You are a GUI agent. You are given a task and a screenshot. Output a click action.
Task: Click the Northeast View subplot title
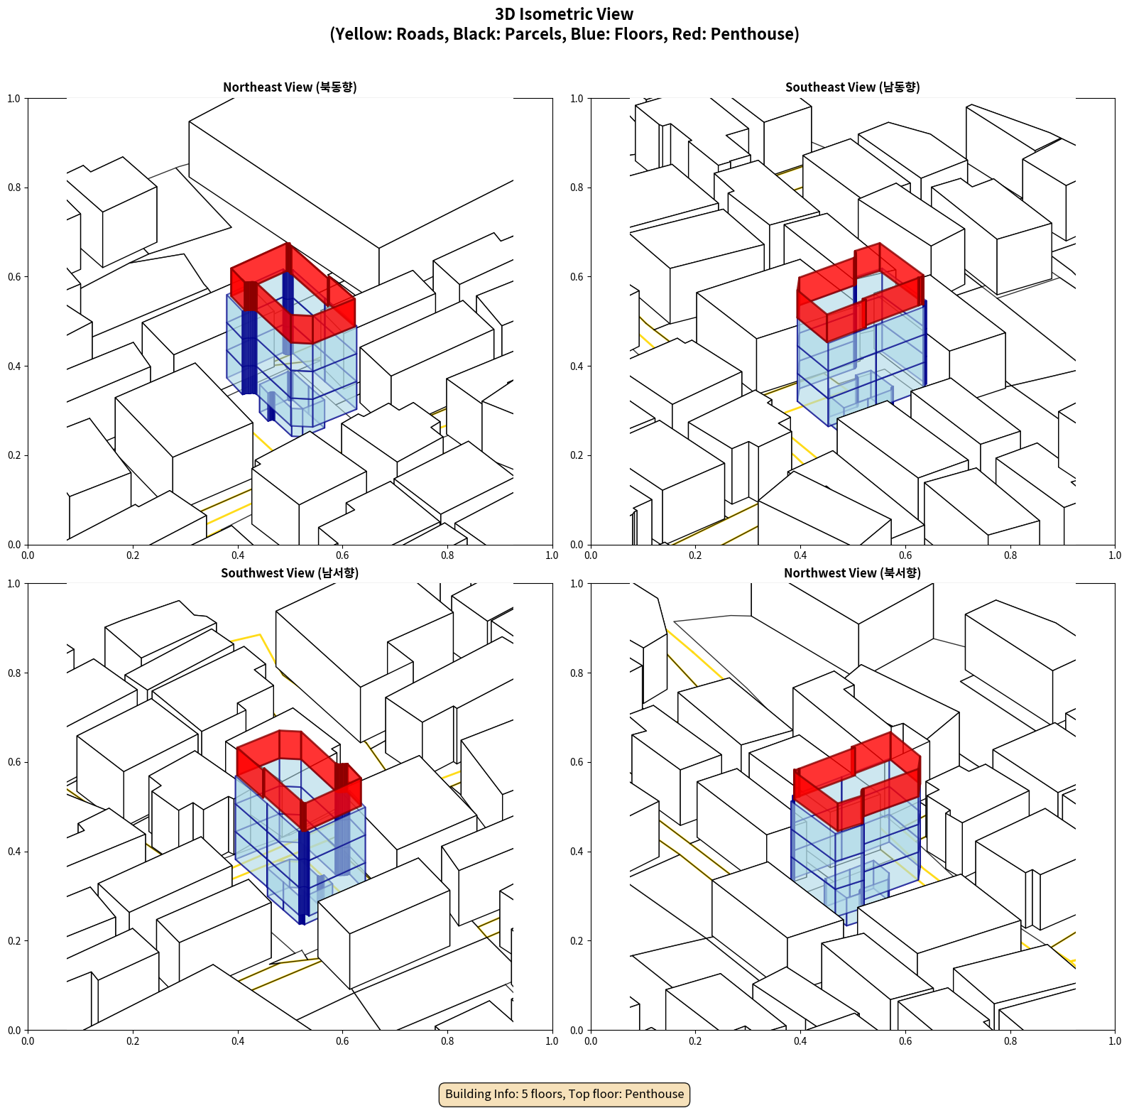tap(290, 87)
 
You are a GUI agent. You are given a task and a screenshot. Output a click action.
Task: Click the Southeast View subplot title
tap(852, 87)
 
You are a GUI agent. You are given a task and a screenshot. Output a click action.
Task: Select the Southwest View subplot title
tap(290, 573)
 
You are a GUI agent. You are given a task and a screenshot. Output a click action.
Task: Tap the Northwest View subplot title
tap(852, 573)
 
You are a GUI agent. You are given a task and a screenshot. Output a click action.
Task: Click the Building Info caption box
tap(564, 1094)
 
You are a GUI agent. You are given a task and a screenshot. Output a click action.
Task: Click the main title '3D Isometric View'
tap(564, 14)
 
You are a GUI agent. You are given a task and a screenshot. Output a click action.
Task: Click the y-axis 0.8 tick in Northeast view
tap(14, 188)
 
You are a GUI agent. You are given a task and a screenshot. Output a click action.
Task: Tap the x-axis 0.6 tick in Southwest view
tap(342, 1041)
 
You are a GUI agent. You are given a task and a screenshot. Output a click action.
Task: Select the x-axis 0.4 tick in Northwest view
tap(800, 1041)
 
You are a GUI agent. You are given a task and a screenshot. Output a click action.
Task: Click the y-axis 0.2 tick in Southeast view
tap(577, 455)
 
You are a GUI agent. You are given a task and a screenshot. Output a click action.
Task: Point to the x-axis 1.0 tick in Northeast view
tap(552, 555)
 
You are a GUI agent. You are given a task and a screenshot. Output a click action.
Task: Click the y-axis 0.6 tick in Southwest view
tap(14, 762)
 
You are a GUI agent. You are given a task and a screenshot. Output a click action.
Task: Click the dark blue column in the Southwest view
tap(304, 877)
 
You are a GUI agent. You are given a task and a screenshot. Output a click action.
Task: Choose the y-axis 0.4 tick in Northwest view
tap(577, 852)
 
